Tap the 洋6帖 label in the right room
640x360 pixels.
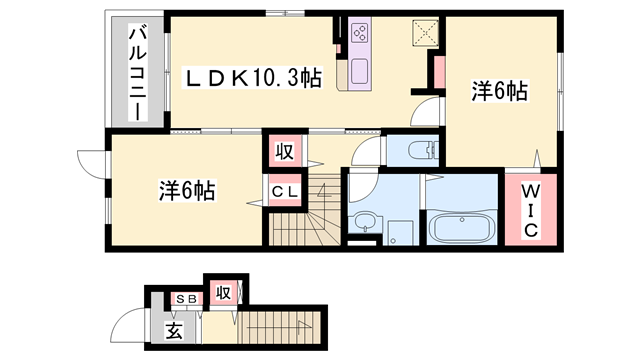(499, 92)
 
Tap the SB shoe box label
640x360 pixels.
(186, 299)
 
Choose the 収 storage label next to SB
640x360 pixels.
(223, 293)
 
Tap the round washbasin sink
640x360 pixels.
(362, 222)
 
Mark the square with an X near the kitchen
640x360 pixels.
(424, 33)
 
